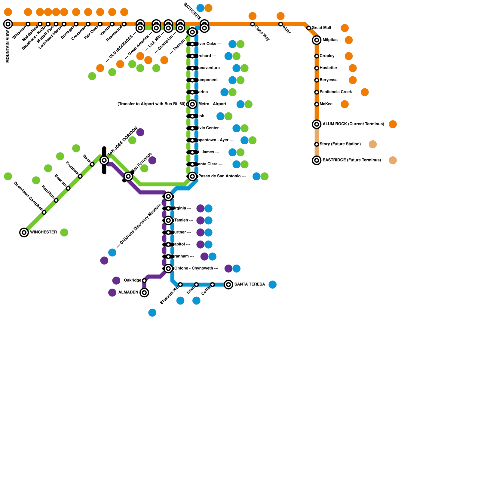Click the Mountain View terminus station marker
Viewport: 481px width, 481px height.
click(8, 24)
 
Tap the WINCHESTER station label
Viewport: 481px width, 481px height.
click(43, 232)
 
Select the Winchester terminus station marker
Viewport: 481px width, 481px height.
click(24, 232)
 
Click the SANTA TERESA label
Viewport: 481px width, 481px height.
click(250, 284)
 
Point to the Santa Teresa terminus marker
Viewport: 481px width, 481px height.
click(228, 284)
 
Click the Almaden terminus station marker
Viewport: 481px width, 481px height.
click(144, 293)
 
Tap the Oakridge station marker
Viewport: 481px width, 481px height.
click(144, 280)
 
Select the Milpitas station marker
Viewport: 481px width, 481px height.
click(317, 40)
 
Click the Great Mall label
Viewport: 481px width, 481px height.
click(321, 28)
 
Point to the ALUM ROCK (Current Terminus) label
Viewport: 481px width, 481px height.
click(353, 124)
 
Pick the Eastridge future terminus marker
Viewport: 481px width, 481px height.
click(317, 160)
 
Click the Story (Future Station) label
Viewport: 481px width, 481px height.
click(340, 144)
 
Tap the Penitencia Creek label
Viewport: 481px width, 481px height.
click(335, 92)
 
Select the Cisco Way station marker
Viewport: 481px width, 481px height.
click(253, 24)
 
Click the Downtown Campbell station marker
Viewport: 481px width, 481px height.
click(44, 213)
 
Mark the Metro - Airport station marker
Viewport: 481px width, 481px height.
click(192, 104)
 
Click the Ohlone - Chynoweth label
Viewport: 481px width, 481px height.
click(194, 268)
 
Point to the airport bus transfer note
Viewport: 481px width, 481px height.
click(152, 104)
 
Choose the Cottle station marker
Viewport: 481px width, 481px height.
click(212, 284)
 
